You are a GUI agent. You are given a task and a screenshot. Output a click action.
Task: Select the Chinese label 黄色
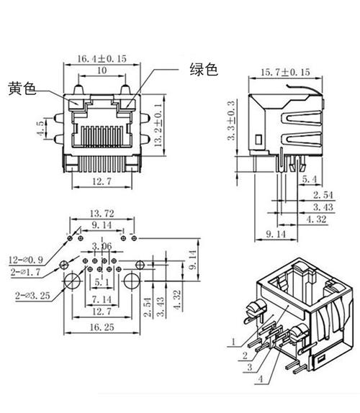22,88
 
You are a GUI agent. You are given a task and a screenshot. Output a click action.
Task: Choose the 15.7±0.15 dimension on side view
284,73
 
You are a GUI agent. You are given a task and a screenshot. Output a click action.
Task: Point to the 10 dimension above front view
101,71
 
